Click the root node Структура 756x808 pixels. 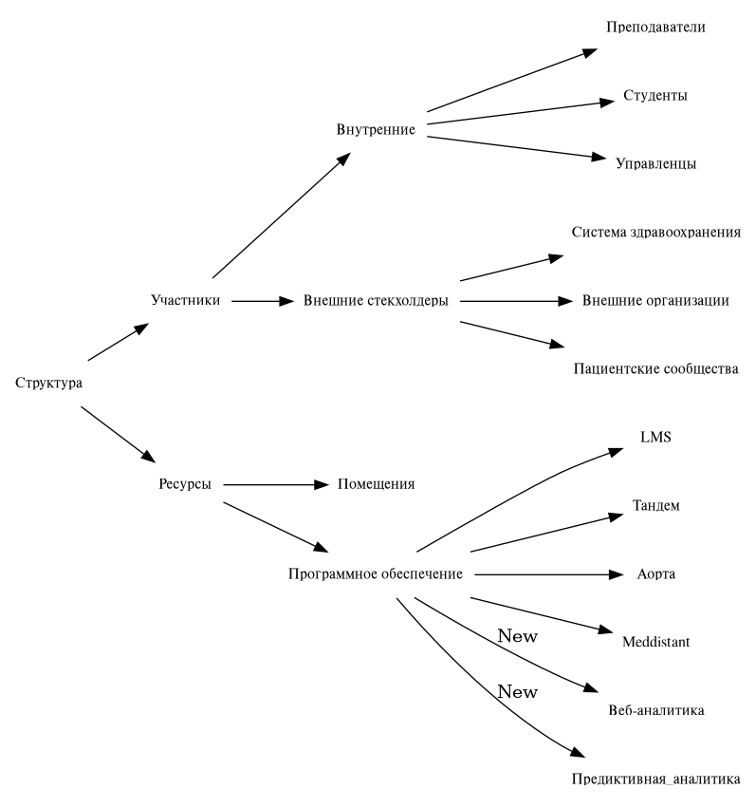49,383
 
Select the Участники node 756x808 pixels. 186,301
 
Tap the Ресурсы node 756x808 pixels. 185,484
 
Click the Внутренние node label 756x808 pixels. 376,129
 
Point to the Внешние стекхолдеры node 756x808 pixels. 376,301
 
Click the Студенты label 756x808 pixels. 655,96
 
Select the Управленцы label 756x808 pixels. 655,163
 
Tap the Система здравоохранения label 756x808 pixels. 655,233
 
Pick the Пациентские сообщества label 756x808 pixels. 655,368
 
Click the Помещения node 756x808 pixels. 376,484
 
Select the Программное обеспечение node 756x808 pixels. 376,573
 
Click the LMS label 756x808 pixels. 655,437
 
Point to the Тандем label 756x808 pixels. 655,505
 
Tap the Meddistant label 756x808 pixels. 655,642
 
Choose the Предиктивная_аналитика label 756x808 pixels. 655,779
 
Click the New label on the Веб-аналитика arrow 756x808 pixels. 517,636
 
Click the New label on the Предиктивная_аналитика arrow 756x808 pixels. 517,692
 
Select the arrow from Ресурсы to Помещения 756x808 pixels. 275,484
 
